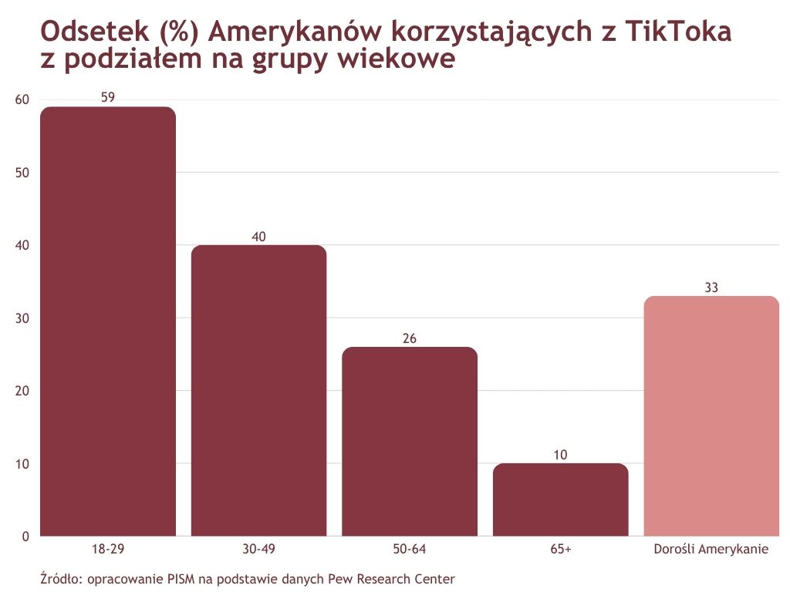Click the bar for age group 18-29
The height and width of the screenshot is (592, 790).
[x=108, y=321]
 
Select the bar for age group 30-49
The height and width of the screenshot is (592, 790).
[x=258, y=390]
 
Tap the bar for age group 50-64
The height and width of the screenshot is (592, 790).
[x=410, y=441]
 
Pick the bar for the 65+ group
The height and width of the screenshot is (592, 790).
[x=561, y=499]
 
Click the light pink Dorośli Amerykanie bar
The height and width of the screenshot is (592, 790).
[x=711, y=415]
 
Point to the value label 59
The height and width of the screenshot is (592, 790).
[x=108, y=98]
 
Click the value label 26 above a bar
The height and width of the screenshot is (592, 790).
[x=410, y=338]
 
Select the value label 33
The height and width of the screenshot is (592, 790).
[x=711, y=288]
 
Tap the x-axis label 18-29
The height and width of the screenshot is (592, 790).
[x=108, y=550]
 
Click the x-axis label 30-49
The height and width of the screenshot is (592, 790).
[x=258, y=550]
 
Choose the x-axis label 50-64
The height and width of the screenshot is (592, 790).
[x=410, y=550]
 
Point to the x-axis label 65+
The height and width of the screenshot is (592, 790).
[x=561, y=550]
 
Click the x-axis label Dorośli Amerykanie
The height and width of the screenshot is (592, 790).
[x=711, y=550]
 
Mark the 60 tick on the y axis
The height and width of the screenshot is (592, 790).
[x=22, y=99]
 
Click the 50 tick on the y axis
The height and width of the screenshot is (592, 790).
[x=22, y=173]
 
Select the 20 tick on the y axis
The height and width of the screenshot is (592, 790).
[x=22, y=391]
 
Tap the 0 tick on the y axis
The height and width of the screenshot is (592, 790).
[x=25, y=536]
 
